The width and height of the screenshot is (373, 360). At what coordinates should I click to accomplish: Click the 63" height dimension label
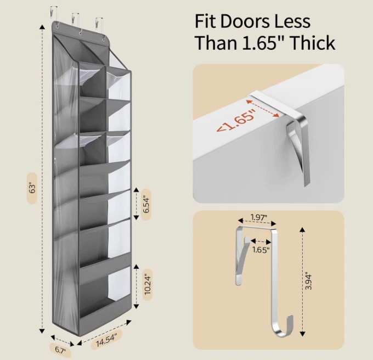32,188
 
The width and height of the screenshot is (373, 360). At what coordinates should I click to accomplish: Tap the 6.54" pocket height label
146,204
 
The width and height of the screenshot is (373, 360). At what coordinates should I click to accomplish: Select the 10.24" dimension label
147,285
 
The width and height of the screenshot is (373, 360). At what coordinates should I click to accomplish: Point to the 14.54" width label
106,340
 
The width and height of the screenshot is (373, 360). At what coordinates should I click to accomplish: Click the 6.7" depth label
60,350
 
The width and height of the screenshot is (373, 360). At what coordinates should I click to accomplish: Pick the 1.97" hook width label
259,217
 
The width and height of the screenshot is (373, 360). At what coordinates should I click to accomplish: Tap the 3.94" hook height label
308,281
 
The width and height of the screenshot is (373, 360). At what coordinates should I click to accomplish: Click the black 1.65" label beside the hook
261,250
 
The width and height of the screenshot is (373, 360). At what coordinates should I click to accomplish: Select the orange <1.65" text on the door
236,122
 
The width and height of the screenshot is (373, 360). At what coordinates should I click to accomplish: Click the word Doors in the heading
246,21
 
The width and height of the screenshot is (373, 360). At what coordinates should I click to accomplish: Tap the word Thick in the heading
313,43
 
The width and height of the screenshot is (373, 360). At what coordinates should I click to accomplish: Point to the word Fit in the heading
205,21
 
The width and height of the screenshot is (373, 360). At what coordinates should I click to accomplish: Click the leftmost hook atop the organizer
53,13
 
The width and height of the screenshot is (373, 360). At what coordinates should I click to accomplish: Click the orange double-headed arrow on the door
263,109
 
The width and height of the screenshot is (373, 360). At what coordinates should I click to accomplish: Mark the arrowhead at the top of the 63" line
42,27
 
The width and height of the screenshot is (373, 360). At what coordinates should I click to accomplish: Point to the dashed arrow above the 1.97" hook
257,222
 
